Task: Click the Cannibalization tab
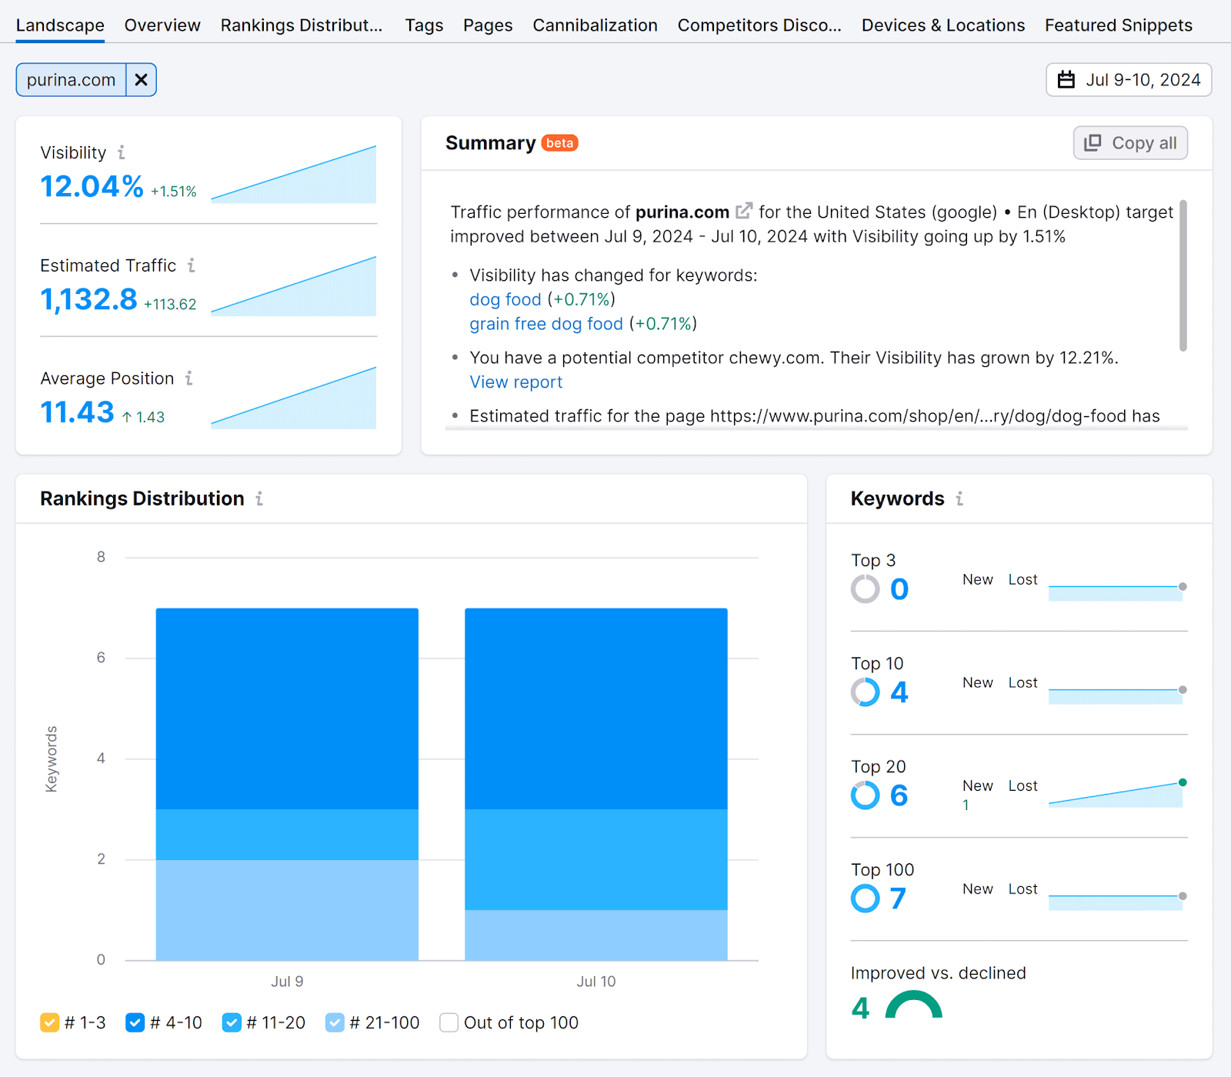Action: tap(595, 25)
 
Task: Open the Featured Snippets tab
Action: tap(1118, 25)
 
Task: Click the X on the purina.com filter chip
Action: tap(142, 80)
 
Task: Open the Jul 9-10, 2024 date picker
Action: tap(1129, 80)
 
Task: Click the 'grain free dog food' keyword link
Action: tap(545, 324)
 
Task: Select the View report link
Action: tap(515, 382)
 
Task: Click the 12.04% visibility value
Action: tap(92, 187)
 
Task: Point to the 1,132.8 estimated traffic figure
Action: tap(88, 299)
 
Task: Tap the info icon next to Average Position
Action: tap(189, 378)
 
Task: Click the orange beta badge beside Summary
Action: tap(559, 143)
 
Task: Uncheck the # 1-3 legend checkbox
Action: tap(49, 1022)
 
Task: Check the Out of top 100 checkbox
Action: tap(449, 1022)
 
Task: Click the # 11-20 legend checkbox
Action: tap(232, 1022)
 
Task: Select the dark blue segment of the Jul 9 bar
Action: tap(287, 708)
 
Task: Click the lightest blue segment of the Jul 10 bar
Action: tap(595, 935)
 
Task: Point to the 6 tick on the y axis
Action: tap(101, 658)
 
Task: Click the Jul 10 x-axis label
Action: tap(595, 982)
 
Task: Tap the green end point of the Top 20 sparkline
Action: tap(1183, 782)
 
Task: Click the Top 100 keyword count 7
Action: tap(898, 899)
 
